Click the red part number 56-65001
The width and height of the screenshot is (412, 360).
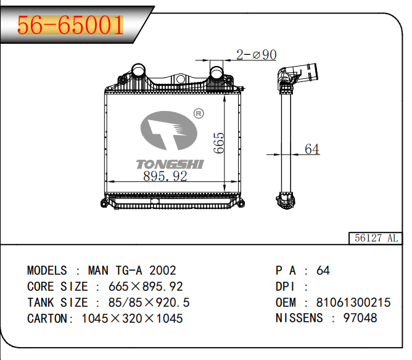point(70,25)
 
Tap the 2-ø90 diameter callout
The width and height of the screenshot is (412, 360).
point(256,55)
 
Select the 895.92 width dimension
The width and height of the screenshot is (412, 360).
point(165,176)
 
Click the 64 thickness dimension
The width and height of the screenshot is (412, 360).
point(312,149)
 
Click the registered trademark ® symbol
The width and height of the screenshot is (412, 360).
point(199,113)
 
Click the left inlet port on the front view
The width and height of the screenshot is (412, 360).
point(138,70)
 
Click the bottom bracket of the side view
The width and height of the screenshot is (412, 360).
point(286,201)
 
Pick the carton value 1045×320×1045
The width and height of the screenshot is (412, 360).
point(132,319)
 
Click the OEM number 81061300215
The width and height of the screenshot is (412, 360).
point(353,303)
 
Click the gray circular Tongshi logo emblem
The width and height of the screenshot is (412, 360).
point(169,131)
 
